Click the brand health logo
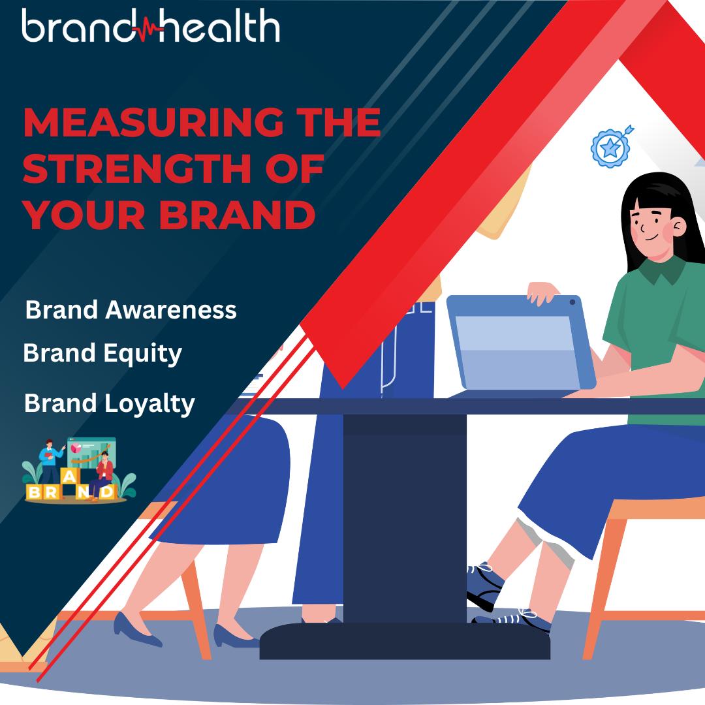click(x=151, y=25)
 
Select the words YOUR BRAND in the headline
click(x=170, y=214)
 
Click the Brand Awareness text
click(x=131, y=310)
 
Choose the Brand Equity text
click(x=102, y=353)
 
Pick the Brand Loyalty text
click(x=110, y=404)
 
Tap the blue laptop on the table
click(x=522, y=343)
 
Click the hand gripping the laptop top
click(x=542, y=292)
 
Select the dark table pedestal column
click(x=405, y=518)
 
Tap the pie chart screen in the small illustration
click(x=91, y=452)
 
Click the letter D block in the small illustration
click(x=106, y=492)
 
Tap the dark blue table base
click(x=405, y=641)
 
